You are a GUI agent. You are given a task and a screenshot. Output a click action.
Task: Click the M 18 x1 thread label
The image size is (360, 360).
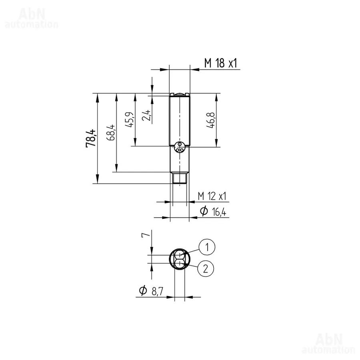point(221,63)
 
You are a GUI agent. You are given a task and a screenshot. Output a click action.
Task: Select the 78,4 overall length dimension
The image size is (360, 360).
point(91,138)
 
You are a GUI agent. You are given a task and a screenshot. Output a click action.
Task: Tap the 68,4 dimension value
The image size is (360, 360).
point(111,132)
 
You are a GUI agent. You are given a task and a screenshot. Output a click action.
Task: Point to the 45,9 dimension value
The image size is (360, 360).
point(129,120)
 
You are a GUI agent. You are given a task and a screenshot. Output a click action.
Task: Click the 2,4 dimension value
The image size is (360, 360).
point(147,115)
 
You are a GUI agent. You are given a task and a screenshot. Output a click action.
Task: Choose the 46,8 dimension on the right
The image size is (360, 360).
point(210,120)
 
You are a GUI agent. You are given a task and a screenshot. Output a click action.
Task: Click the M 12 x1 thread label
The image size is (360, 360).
point(212,196)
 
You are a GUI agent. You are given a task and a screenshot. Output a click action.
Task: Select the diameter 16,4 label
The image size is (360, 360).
point(213,211)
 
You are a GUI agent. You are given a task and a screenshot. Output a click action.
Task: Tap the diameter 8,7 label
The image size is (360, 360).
point(151,291)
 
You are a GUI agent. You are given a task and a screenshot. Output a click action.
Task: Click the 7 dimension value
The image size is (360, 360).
point(146,234)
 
